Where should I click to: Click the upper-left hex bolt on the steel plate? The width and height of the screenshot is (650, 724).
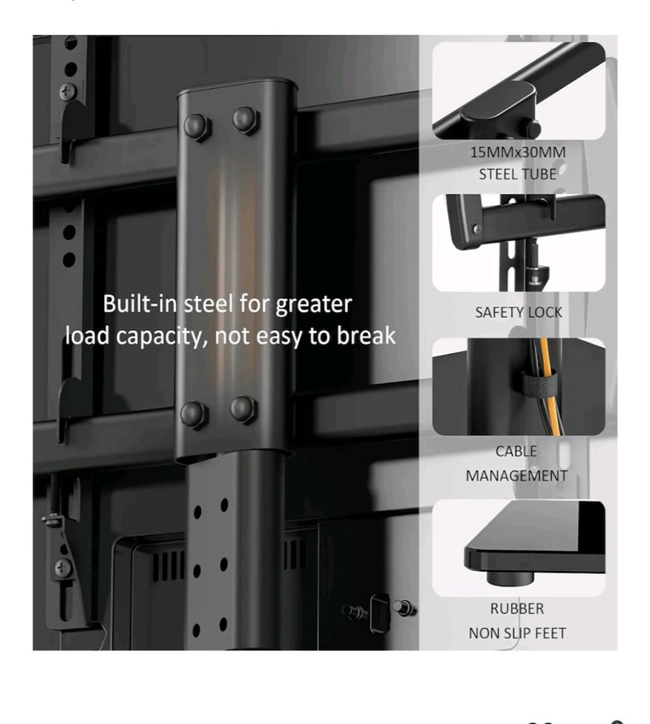[x=197, y=127]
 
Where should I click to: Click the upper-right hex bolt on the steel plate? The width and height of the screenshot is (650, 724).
[x=245, y=120]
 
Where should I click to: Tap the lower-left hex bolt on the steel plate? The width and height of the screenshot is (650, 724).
[x=194, y=414]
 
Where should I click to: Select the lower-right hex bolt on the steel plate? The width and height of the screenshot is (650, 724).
[x=243, y=409]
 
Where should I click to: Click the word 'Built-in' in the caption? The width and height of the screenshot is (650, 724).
[x=139, y=304]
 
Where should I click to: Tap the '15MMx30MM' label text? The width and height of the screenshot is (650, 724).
[x=518, y=153]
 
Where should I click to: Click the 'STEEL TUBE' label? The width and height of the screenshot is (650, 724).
[x=518, y=175]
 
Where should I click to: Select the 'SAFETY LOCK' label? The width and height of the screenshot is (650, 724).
[x=519, y=313]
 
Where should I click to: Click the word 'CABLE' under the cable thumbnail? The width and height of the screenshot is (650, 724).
[x=516, y=451]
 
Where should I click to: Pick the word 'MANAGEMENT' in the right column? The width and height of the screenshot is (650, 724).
[x=516, y=476]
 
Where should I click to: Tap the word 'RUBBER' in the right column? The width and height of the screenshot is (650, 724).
[x=517, y=609]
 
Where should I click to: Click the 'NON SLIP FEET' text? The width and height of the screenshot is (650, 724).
[x=518, y=633]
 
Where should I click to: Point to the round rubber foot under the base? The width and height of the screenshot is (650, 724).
[x=510, y=578]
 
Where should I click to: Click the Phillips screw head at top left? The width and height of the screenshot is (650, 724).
[x=68, y=91]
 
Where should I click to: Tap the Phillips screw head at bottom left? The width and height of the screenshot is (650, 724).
[x=63, y=568]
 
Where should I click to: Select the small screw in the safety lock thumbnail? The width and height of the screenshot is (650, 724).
[x=477, y=228]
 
